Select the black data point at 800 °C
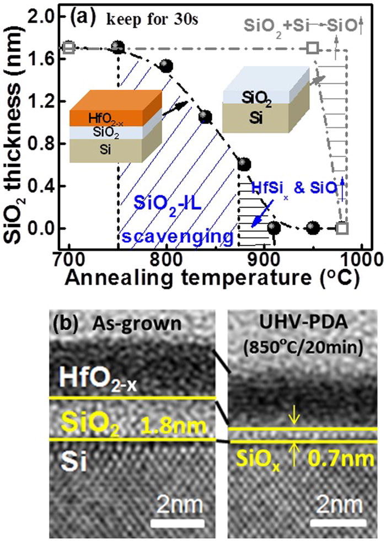[x=166, y=66]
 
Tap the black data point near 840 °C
[x=205, y=116]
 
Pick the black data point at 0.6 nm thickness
[x=244, y=164]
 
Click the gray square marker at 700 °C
[x=68, y=47]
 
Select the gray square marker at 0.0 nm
[x=342, y=228]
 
